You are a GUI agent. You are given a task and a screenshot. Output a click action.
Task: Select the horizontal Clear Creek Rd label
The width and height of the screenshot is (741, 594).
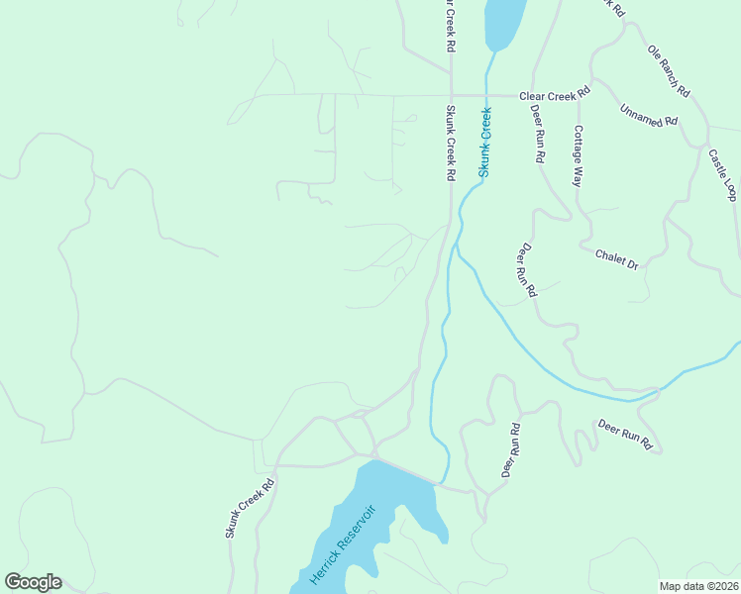click(554, 91)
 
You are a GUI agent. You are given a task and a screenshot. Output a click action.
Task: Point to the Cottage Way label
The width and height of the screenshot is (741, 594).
click(579, 155)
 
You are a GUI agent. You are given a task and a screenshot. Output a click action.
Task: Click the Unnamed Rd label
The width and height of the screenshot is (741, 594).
click(648, 115)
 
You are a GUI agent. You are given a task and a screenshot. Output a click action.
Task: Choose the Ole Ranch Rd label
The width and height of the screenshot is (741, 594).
click(669, 69)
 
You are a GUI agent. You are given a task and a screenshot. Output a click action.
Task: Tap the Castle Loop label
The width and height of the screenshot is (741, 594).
click(722, 174)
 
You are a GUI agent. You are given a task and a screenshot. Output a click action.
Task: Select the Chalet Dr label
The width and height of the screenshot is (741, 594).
click(617, 259)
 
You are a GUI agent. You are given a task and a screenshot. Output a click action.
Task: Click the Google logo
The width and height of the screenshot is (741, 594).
click(33, 581)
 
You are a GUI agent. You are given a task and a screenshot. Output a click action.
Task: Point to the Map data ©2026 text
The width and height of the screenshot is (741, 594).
click(698, 586)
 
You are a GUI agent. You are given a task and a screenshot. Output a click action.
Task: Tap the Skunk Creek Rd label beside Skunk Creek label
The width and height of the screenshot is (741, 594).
click(450, 143)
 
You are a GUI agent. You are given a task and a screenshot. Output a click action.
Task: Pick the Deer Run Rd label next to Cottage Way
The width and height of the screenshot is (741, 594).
click(538, 134)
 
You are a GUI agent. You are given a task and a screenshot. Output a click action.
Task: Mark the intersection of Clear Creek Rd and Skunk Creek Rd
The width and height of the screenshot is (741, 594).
click(451, 96)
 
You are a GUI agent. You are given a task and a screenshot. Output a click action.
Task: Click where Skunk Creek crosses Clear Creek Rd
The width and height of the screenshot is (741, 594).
click(486, 96)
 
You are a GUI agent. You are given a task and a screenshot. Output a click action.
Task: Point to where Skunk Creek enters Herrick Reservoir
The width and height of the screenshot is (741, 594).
click(442, 481)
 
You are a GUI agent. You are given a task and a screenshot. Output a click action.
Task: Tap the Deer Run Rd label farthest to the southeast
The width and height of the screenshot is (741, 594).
click(624, 436)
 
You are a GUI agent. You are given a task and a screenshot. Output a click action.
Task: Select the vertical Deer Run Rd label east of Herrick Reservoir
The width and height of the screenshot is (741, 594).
click(510, 451)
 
